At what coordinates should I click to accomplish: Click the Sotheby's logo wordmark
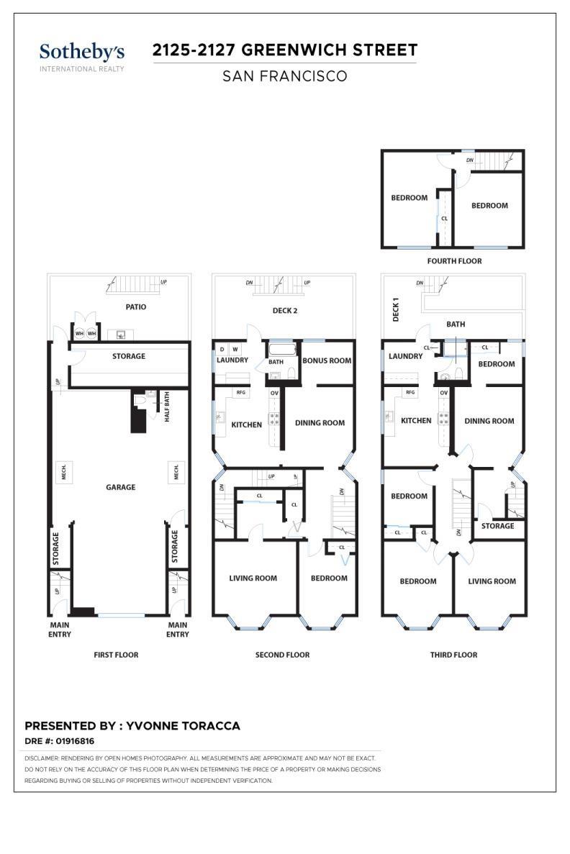click(x=82, y=53)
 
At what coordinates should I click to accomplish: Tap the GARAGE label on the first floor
click(x=120, y=487)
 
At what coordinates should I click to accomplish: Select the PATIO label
click(x=136, y=306)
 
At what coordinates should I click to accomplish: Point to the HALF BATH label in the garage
click(x=167, y=406)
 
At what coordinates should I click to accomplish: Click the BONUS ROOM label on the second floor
click(x=327, y=360)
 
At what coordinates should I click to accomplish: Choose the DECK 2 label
click(x=285, y=310)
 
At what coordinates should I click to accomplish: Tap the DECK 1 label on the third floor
click(x=396, y=309)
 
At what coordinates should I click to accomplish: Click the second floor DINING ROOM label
click(x=320, y=422)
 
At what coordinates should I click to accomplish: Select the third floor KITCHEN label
click(x=416, y=420)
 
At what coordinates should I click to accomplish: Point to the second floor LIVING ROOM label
click(x=253, y=578)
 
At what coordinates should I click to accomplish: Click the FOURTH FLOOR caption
click(x=454, y=261)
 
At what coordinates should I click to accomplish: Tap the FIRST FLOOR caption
click(x=116, y=655)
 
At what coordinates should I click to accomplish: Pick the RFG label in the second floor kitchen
click(x=241, y=392)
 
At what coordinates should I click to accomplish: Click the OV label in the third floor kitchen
click(x=443, y=392)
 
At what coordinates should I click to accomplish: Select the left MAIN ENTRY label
click(x=60, y=630)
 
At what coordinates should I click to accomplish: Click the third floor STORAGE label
click(x=497, y=526)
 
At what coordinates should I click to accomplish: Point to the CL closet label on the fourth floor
click(x=444, y=219)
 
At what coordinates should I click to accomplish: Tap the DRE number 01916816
click(x=75, y=741)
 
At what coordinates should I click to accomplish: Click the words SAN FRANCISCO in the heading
click(x=284, y=76)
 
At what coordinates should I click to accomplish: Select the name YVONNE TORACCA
click(x=183, y=725)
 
